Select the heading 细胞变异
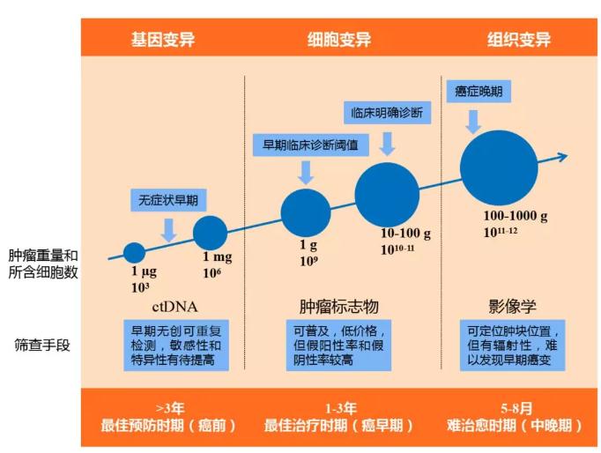338,41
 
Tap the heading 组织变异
519,41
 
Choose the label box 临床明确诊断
387,113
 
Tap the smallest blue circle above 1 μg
134,252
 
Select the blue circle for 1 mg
210,233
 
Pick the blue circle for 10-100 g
387,194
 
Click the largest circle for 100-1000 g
498,170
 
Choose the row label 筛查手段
43,345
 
